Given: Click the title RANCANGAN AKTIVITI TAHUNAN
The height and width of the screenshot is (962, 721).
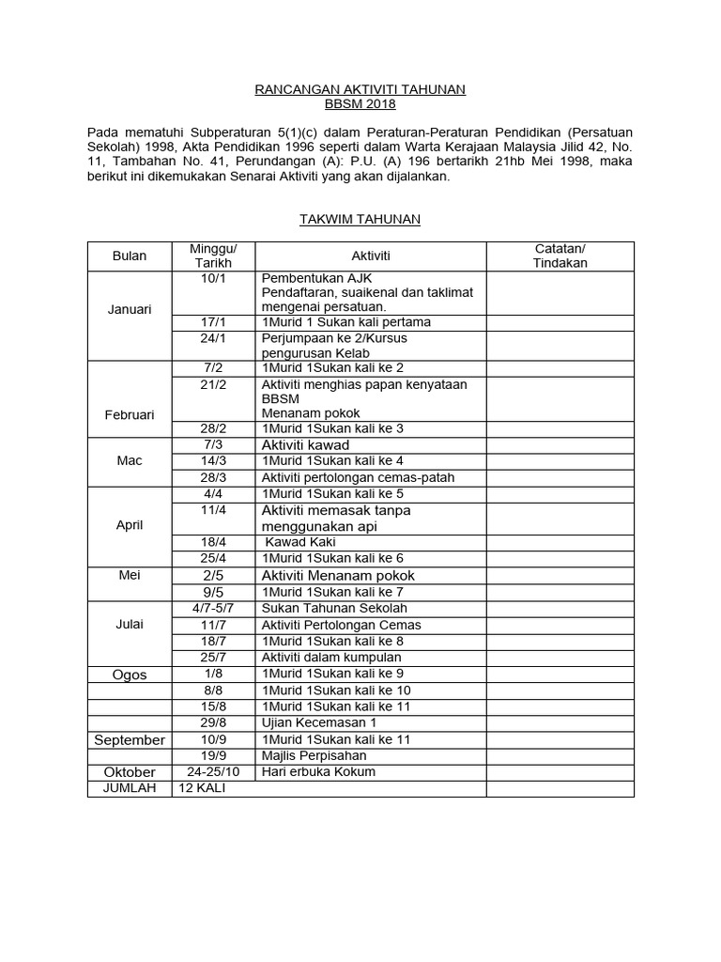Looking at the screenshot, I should (x=360, y=89).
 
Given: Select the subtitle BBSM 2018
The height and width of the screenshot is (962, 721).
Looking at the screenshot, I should (x=360, y=105).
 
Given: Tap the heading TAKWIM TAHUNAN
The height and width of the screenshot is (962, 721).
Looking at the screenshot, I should (x=360, y=219).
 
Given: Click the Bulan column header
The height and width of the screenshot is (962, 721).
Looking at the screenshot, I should (x=130, y=256).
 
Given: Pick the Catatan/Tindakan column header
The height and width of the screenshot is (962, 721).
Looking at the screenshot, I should (x=560, y=256).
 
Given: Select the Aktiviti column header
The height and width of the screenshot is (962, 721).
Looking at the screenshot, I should (x=371, y=256).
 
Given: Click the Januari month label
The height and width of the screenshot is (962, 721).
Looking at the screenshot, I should (x=130, y=309).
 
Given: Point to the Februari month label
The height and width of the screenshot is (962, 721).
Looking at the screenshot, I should (x=130, y=413).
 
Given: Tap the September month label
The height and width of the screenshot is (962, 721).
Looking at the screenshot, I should (x=130, y=740).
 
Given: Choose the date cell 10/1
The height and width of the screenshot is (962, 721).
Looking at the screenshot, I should (x=214, y=279).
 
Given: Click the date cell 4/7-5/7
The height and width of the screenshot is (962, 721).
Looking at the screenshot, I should (x=214, y=608).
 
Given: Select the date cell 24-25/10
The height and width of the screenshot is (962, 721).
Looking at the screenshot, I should (x=214, y=771).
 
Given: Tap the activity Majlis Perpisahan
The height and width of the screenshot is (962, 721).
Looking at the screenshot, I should (x=314, y=755).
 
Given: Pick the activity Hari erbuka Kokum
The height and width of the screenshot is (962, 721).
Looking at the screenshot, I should (x=318, y=771).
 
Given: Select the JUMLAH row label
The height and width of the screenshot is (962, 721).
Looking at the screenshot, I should (x=130, y=788).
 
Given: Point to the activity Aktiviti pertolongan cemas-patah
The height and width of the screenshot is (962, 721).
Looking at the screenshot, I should (x=358, y=477).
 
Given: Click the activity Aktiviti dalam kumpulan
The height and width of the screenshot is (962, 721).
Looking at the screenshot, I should (x=331, y=657).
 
